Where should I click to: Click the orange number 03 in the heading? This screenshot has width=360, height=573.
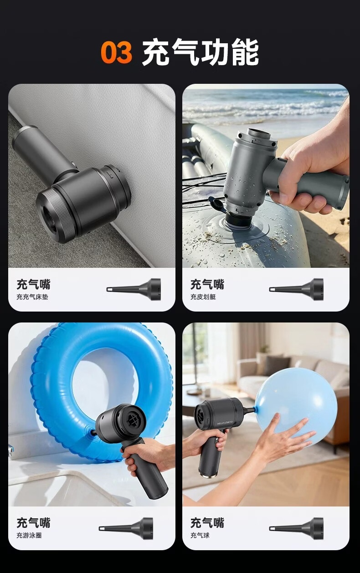tap(116, 52)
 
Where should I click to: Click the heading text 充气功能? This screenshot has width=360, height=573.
tap(201, 52)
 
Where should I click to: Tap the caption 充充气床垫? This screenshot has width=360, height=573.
tap(32, 297)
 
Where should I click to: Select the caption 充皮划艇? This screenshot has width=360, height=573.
tap(203, 297)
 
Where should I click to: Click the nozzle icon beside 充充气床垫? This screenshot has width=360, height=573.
tap(134, 289)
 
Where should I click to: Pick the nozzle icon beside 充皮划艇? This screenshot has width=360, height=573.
tap(296, 289)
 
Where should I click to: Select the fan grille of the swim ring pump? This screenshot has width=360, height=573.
tap(133, 419)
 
